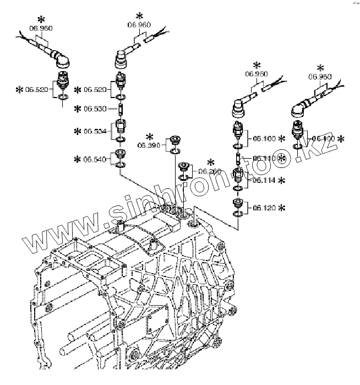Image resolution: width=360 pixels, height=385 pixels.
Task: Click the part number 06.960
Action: tap(139, 25)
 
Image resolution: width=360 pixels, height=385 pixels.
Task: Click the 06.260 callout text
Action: tap(211, 172)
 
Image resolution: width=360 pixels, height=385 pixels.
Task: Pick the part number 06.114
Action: tap(264, 180)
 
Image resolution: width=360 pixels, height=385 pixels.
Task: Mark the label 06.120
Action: tap(264, 208)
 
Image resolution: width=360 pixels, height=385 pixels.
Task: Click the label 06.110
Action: tap(264, 159)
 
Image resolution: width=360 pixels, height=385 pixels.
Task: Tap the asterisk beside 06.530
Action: tap(78, 109)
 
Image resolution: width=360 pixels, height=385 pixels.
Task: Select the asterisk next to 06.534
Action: tap(78, 131)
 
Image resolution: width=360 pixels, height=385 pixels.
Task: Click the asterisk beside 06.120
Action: tap(282, 208)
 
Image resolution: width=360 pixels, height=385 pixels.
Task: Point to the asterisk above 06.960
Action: tap(139, 15)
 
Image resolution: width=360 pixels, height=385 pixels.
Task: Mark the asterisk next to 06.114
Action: tap(282, 180)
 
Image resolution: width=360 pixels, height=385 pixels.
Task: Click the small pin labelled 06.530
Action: tap(121, 109)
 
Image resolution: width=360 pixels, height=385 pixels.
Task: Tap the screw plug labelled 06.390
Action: tap(175, 139)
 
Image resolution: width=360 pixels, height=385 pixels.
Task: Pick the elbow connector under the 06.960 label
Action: tap(122, 55)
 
